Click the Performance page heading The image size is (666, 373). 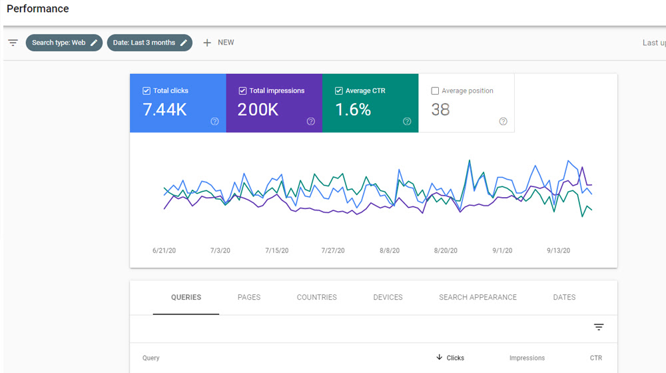pyautogui.click(x=38, y=9)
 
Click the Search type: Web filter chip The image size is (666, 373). pyautogui.click(x=64, y=43)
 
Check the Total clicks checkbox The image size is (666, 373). pyautogui.click(x=147, y=91)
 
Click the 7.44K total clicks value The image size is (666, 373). pyautogui.click(x=165, y=110)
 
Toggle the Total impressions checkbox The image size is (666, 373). pyautogui.click(x=242, y=91)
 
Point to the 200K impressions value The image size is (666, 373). pyautogui.click(x=258, y=110)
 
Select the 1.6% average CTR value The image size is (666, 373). pyautogui.click(x=353, y=110)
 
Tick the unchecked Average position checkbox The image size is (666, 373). pyautogui.click(x=435, y=91)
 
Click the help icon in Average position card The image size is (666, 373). pyautogui.click(x=503, y=121)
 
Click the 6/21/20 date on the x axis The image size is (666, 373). pyautogui.click(x=163, y=251)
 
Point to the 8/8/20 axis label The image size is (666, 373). pyautogui.click(x=390, y=251)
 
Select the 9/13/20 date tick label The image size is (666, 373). pyautogui.click(x=558, y=251)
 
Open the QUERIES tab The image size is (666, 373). pyautogui.click(x=186, y=297)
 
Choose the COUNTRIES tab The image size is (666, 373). pyautogui.click(x=316, y=297)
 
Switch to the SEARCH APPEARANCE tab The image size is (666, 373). pyautogui.click(x=478, y=297)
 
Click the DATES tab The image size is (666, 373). pyautogui.click(x=564, y=297)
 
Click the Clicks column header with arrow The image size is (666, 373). pyautogui.click(x=450, y=358)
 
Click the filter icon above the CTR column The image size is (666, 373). pyautogui.click(x=599, y=327)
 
